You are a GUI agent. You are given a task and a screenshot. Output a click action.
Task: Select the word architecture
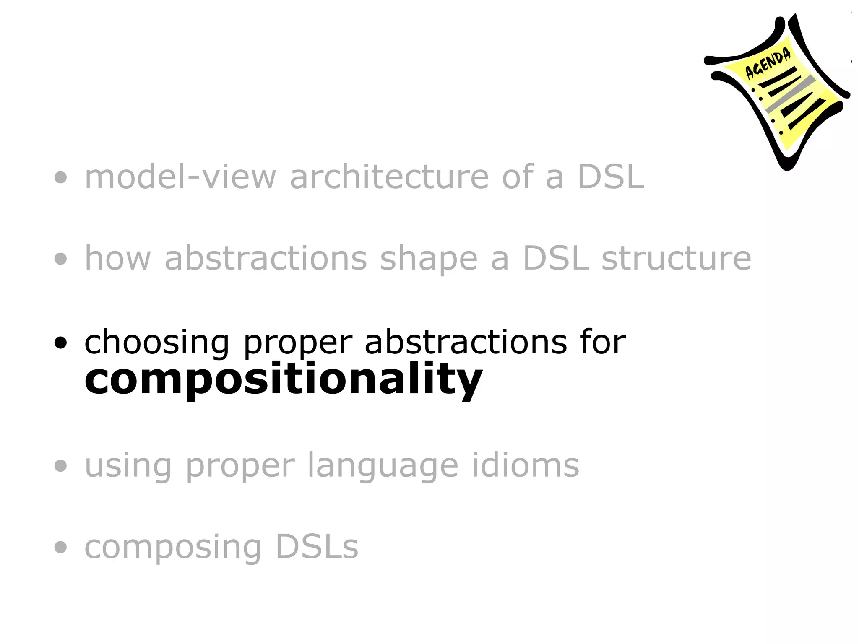[389, 177]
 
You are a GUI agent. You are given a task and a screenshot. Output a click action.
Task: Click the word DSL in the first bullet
[611, 177]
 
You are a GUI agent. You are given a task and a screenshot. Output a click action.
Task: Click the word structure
[676, 259]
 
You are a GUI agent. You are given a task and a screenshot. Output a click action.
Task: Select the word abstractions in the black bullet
[466, 342]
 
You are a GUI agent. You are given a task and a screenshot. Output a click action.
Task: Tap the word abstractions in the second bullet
[266, 259]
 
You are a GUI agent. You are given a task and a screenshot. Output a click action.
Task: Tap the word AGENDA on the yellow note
[768, 63]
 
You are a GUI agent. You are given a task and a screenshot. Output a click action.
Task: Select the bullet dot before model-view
[61, 177]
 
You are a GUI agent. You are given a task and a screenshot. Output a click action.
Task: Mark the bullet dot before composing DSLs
[61, 547]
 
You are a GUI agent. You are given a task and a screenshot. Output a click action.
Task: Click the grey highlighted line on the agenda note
[791, 94]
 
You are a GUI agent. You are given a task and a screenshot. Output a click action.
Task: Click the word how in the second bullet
[117, 259]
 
